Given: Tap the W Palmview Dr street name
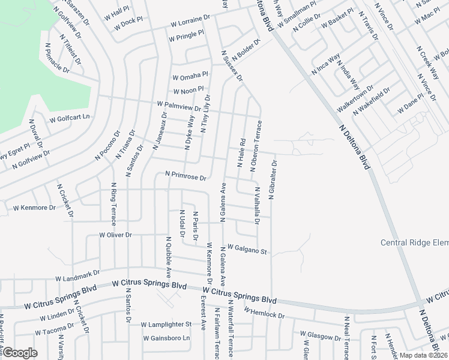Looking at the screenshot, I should tap(179, 106).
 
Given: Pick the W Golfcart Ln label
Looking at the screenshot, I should tap(70, 118).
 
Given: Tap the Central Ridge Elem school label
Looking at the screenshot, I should tap(415, 242).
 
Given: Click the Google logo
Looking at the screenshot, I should tap(20, 353).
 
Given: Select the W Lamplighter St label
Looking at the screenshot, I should tap(166, 324).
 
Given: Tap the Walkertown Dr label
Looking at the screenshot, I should tap(355, 96).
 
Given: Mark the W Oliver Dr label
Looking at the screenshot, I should tap(115, 235).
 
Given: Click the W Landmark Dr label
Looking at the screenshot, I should tap(77, 276).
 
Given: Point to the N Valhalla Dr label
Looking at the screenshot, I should tap(256, 205).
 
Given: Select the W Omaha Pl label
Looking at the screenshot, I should tap(190, 76).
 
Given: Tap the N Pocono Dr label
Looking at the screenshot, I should tap(108, 146).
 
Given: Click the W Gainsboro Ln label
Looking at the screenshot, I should tap(166, 338).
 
